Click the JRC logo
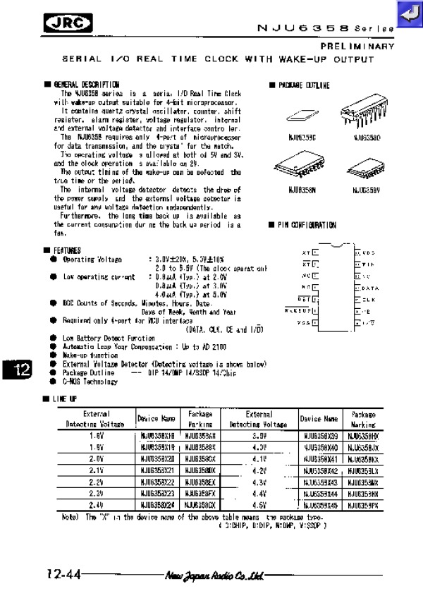point(68,24)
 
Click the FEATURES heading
point(66,250)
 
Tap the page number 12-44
point(63,575)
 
